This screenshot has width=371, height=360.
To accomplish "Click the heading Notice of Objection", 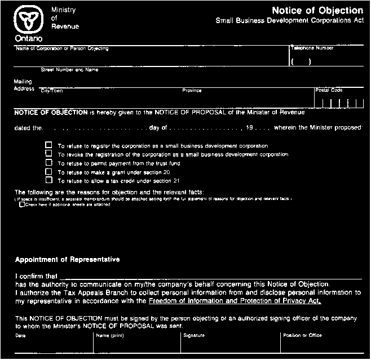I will click(317, 11).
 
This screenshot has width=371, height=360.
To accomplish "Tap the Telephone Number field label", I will click(312, 48).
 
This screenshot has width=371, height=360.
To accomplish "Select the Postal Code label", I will click(329, 90).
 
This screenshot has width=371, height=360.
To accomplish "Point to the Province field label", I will click(192, 90).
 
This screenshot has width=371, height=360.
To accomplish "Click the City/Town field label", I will click(52, 90).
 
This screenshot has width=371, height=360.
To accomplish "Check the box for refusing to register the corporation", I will click(48, 145).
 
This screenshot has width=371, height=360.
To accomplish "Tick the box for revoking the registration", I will click(48, 154).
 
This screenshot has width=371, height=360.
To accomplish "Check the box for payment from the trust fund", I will click(48, 163).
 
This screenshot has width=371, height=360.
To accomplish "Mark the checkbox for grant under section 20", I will click(48, 172).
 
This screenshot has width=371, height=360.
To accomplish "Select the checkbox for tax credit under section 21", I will click(48, 181).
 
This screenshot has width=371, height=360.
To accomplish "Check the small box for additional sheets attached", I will click(22, 205).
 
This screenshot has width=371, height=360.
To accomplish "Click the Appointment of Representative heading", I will click(67, 260).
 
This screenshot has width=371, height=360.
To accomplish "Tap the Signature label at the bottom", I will click(194, 336).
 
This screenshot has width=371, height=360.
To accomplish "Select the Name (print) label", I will click(110, 336).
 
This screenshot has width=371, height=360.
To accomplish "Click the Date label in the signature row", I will click(20, 336).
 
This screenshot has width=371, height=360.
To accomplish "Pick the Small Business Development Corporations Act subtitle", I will click(289, 21).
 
